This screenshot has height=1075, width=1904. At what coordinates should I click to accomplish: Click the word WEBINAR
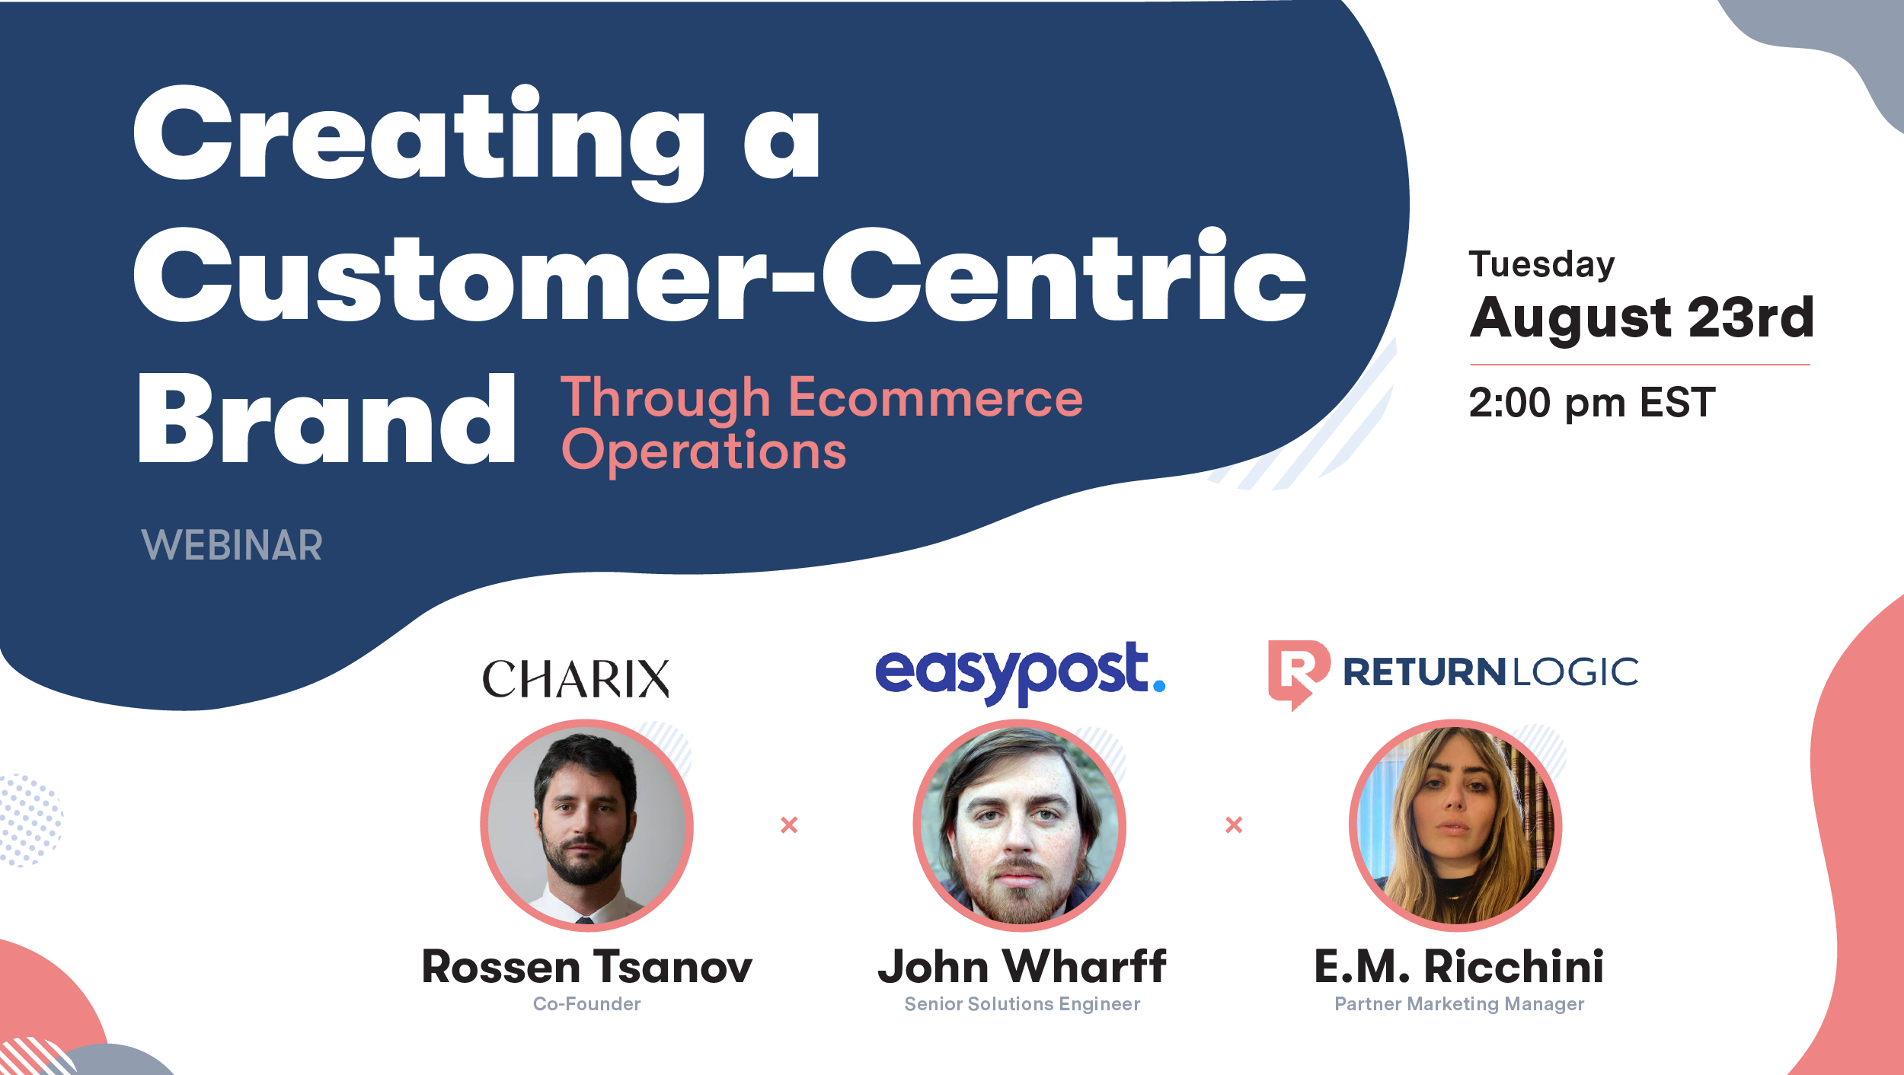pos(232,545)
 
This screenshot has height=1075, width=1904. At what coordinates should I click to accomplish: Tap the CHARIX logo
pos(576,678)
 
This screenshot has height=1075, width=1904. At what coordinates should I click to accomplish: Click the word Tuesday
pos(1541,265)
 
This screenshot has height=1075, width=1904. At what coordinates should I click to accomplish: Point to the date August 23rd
pos(1641,317)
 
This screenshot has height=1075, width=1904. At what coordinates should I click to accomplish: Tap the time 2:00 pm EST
pos(1592,403)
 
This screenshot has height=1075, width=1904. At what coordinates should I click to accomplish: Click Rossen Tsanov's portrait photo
pos(586,825)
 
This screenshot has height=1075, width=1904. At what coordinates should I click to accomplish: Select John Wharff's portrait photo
pos(1019,825)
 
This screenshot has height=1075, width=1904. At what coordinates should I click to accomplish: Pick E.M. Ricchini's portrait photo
pos(1455,825)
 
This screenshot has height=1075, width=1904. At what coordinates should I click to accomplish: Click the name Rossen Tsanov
pos(586,967)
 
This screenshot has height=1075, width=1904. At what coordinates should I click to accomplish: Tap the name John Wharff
pos(1021,967)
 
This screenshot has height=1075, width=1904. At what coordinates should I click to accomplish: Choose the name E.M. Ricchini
pos(1458,967)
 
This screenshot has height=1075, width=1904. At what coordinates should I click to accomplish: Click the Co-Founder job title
pos(586,1004)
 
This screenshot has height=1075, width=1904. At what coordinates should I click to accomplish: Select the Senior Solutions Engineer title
pos(1021,1004)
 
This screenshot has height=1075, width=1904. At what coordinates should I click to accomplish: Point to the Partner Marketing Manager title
pos(1458,1004)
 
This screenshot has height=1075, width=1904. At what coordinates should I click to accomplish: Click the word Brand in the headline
pos(326,420)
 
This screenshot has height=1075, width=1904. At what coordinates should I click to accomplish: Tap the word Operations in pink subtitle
pos(703,451)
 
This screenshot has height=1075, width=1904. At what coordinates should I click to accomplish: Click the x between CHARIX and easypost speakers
pos(789,825)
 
